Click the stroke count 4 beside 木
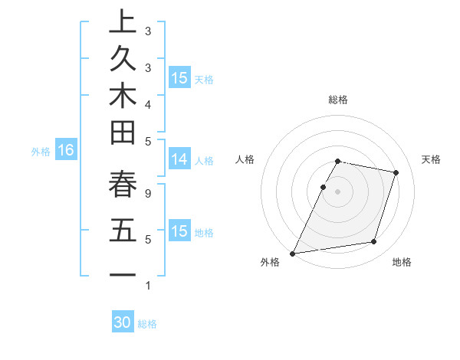147,103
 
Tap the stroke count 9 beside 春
147,195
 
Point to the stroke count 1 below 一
147,286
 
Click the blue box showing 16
65,151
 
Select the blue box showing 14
179,159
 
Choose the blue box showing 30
123,322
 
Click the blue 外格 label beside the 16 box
41,152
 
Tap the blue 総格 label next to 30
147,324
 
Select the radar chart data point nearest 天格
396,172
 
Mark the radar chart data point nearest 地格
373,242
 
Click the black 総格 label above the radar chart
337,100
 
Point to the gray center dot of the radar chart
337,191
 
